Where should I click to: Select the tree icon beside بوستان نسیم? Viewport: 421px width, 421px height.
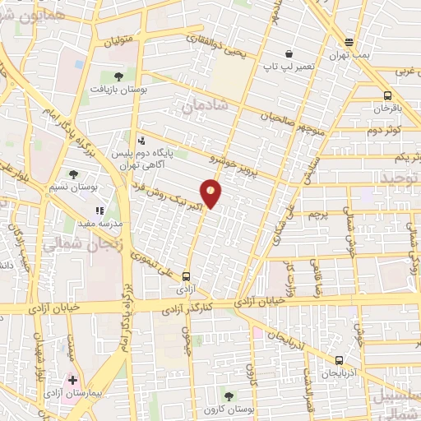click(x=74, y=174)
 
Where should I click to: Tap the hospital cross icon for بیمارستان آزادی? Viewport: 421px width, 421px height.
click(x=73, y=381)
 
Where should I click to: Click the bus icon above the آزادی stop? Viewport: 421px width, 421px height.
click(x=187, y=277)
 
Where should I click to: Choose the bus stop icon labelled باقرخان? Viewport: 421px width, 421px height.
click(x=386, y=95)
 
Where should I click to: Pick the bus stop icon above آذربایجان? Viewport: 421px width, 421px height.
click(x=339, y=359)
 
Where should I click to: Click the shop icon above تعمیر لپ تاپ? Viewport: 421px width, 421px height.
click(x=288, y=54)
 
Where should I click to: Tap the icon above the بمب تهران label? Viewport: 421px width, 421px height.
click(x=349, y=43)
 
